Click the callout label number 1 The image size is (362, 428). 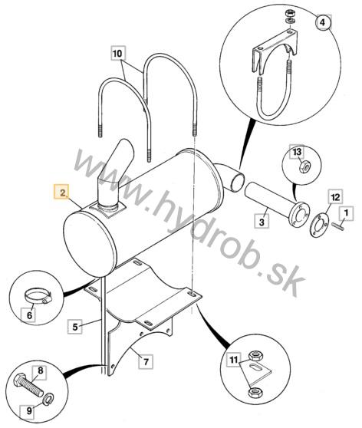point(346,213)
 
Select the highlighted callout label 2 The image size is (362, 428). point(62,193)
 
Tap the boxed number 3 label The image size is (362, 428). point(262,222)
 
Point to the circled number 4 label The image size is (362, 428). point(323,22)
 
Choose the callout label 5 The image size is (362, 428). point(75,327)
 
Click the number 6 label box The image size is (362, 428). point(29,315)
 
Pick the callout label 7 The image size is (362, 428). point(146,362)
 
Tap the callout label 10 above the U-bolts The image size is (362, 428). point(118,53)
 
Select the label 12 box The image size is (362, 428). point(335,196)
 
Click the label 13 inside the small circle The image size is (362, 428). point(297,152)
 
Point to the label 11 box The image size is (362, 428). point(234,360)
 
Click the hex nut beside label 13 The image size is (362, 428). point(304,166)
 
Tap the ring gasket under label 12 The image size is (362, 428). point(318,224)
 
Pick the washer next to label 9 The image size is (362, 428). point(48,399)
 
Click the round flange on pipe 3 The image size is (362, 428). point(299,215)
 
